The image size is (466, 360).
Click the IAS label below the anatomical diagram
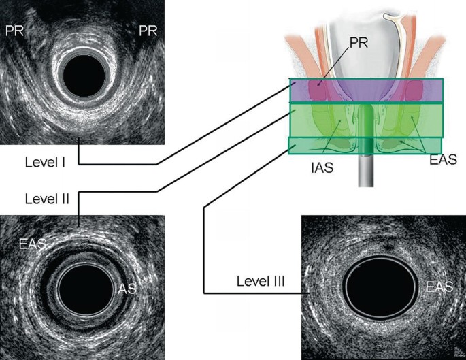[x=320, y=166]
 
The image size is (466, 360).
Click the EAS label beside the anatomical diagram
[x=442, y=159]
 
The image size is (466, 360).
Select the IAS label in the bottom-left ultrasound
[x=124, y=289]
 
